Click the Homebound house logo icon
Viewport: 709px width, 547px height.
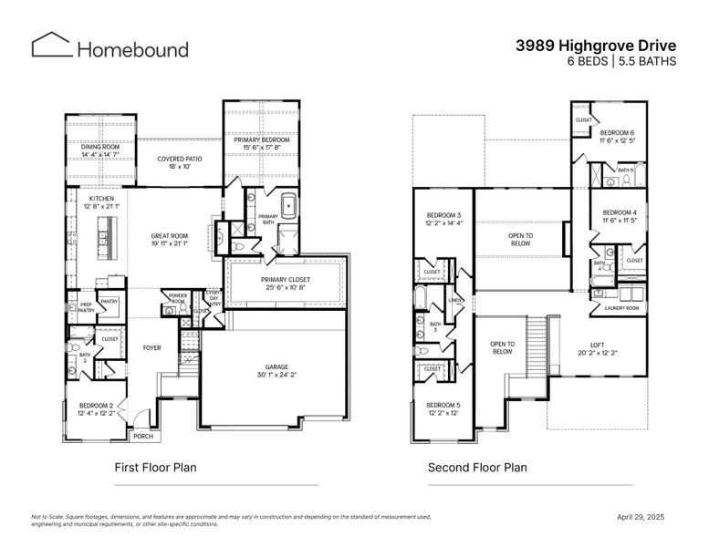pos(51,46)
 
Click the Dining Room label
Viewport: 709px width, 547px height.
pos(100,147)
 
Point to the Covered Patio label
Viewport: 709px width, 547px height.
pos(180,159)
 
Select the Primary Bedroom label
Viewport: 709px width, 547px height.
pos(260,139)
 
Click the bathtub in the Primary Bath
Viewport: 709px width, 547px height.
pos(291,207)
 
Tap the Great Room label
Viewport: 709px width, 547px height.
pos(169,235)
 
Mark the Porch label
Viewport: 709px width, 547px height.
pos(143,436)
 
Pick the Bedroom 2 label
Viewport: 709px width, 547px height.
pos(96,405)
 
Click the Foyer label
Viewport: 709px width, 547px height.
pos(152,347)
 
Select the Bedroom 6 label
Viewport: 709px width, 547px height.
pos(618,133)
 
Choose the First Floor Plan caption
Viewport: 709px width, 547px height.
pos(155,468)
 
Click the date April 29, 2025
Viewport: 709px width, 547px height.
pos(641,517)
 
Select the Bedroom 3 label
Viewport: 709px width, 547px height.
pos(443,214)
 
